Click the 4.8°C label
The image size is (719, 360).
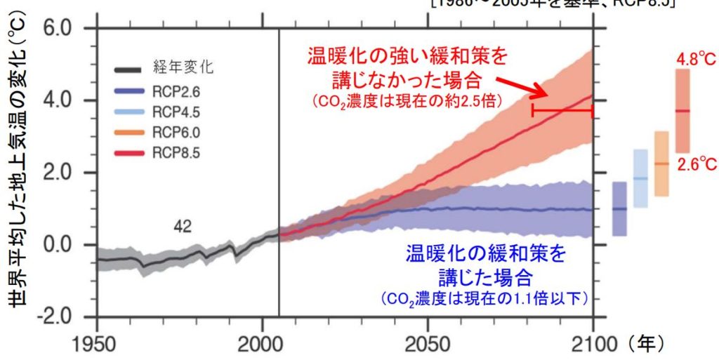pyautogui.click(x=695, y=60)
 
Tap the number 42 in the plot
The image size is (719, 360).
pyautogui.click(x=183, y=225)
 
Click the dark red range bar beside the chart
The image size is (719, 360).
pyautogui.click(x=682, y=111)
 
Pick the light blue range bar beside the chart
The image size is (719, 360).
pyautogui.click(x=640, y=178)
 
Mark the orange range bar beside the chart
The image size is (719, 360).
pyautogui.click(x=661, y=164)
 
